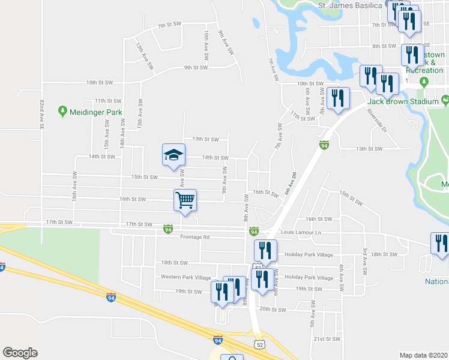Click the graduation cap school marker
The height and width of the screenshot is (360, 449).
(173, 155)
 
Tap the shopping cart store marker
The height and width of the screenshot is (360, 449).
(185, 199)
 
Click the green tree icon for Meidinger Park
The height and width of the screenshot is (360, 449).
(62, 112)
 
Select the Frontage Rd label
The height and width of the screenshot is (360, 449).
(194, 237)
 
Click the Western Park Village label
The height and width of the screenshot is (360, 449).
(186, 277)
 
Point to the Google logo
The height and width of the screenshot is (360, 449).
(20, 353)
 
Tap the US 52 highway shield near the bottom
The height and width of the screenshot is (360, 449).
(259, 344)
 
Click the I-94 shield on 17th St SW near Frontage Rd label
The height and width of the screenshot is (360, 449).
(169, 229)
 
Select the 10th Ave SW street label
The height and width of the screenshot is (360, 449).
(206, 44)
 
